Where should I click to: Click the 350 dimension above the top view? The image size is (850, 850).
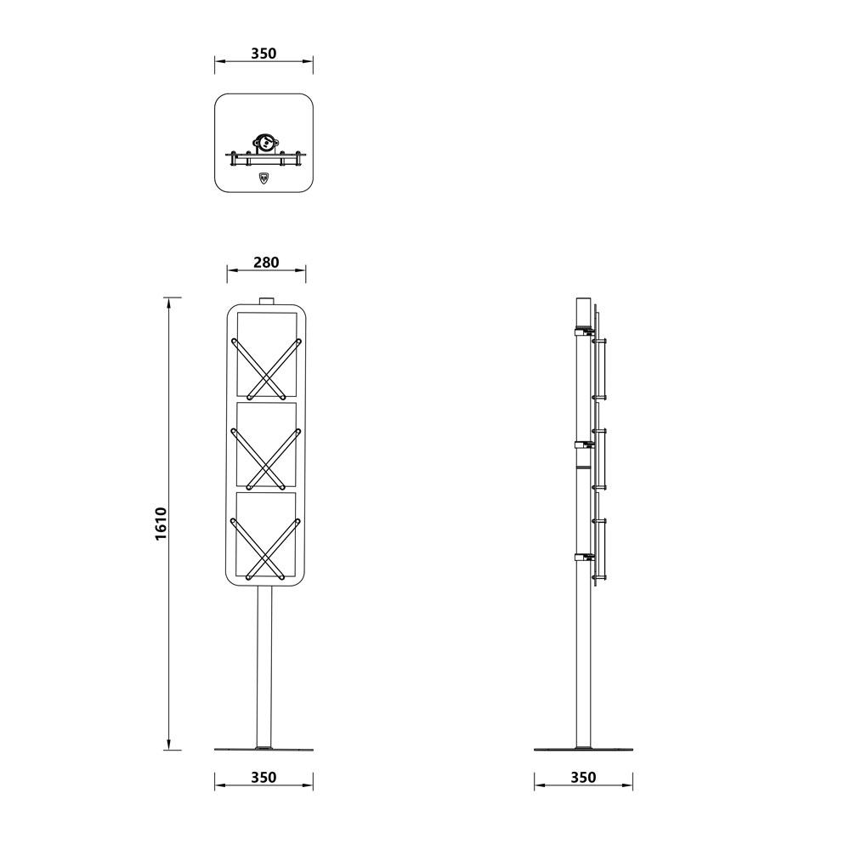(x=263, y=54)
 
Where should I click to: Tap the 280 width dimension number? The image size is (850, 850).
(x=266, y=263)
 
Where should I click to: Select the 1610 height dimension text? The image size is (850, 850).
(x=161, y=524)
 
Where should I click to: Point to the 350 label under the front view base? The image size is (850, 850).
(x=263, y=777)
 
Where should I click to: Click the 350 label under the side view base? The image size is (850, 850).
(x=583, y=777)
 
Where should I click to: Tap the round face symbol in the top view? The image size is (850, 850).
(x=264, y=143)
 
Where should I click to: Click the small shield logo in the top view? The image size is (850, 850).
(x=263, y=178)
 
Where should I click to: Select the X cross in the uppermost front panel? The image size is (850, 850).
(x=266, y=368)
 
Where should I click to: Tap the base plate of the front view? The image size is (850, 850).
(x=263, y=750)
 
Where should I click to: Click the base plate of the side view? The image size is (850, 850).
(x=583, y=750)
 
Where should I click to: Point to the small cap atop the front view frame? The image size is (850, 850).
(x=265, y=301)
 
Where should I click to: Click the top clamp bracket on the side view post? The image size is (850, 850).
(x=583, y=332)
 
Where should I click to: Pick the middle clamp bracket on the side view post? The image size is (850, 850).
(x=584, y=444)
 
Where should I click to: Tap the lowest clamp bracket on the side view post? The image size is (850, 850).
(x=584, y=558)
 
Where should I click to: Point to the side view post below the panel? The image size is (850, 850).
(x=583, y=663)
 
